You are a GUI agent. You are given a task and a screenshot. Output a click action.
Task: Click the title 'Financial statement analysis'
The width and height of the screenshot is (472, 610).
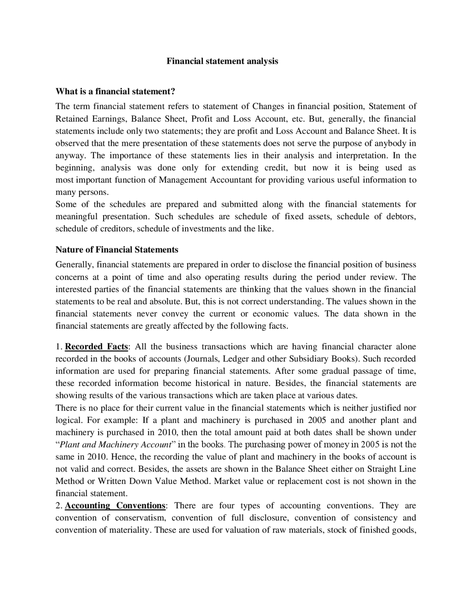tap(222, 61)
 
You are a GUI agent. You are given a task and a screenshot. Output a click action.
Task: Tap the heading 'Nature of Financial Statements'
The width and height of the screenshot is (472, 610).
tap(117, 250)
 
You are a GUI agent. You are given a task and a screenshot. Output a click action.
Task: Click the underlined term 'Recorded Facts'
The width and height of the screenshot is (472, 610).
tap(97, 347)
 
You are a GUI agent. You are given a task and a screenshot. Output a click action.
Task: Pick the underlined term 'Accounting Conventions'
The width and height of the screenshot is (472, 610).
tap(115, 506)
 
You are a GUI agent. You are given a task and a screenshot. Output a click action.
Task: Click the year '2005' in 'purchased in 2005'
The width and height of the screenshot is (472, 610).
tap(317, 420)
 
